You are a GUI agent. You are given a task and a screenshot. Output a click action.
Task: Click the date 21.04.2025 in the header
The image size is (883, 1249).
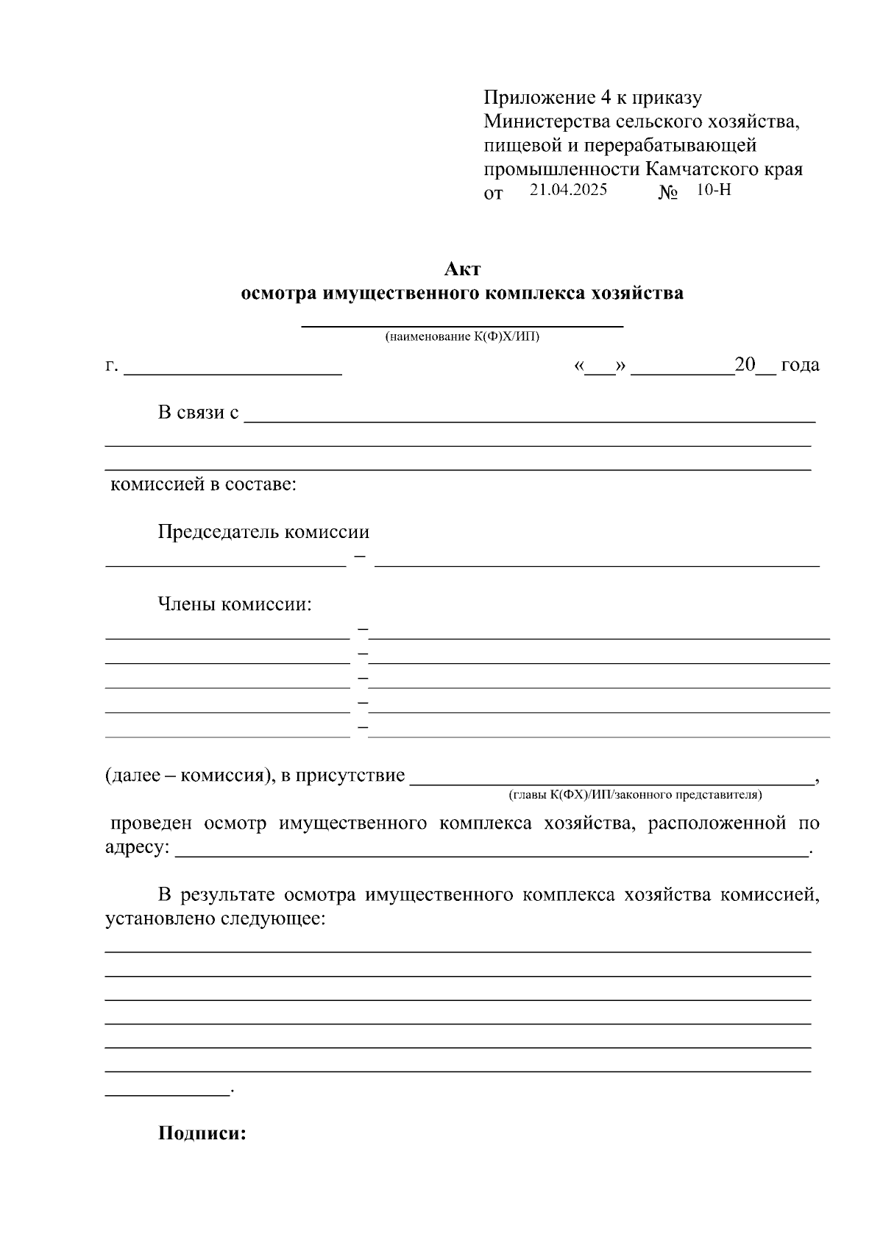pos(568,190)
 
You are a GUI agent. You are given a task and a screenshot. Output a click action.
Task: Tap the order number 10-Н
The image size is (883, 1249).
pos(713,190)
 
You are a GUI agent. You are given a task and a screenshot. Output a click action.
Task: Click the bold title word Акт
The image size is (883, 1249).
pos(462,269)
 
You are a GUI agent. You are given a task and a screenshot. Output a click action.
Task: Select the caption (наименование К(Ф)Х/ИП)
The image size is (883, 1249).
pos(462,337)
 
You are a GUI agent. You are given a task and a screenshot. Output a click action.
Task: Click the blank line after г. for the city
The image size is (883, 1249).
pos(233,372)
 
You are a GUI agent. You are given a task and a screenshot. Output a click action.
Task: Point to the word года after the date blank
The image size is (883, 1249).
pos(800,365)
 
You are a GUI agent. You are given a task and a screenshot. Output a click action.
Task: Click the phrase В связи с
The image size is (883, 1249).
pos(198,412)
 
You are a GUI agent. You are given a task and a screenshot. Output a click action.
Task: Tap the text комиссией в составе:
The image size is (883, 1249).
pos(203,485)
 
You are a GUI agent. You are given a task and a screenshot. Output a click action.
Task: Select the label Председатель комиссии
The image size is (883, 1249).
pos(263,532)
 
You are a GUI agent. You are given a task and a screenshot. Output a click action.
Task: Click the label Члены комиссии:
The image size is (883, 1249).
pos(235,605)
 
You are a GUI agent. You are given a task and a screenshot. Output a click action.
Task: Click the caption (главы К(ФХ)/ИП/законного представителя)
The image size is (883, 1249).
pos(635,795)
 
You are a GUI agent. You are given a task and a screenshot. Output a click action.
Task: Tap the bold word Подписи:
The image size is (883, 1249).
pos(202,1133)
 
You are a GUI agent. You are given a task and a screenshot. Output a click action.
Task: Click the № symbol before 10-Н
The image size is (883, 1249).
pos(668,193)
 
